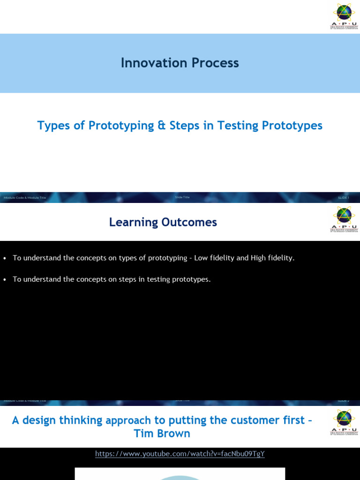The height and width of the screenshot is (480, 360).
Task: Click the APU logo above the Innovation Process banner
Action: pyautogui.click(x=344, y=16)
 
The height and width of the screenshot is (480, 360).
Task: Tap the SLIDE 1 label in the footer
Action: pyautogui.click(x=343, y=198)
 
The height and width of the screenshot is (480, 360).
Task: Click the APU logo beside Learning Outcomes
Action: pyautogui.click(x=344, y=219)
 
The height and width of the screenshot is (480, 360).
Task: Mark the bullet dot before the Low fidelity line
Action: pyautogui.click(x=5, y=258)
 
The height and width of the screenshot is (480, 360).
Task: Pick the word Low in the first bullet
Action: pyautogui.click(x=201, y=258)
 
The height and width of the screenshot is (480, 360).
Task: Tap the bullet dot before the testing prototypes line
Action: pyautogui.click(x=5, y=280)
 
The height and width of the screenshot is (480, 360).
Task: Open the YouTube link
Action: pyautogui.click(x=180, y=454)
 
